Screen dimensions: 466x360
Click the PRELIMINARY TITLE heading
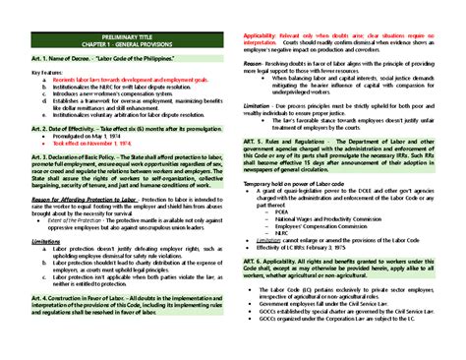pyautogui.click(x=126, y=38)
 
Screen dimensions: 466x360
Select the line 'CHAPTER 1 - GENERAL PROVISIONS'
pyautogui.click(x=126, y=46)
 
